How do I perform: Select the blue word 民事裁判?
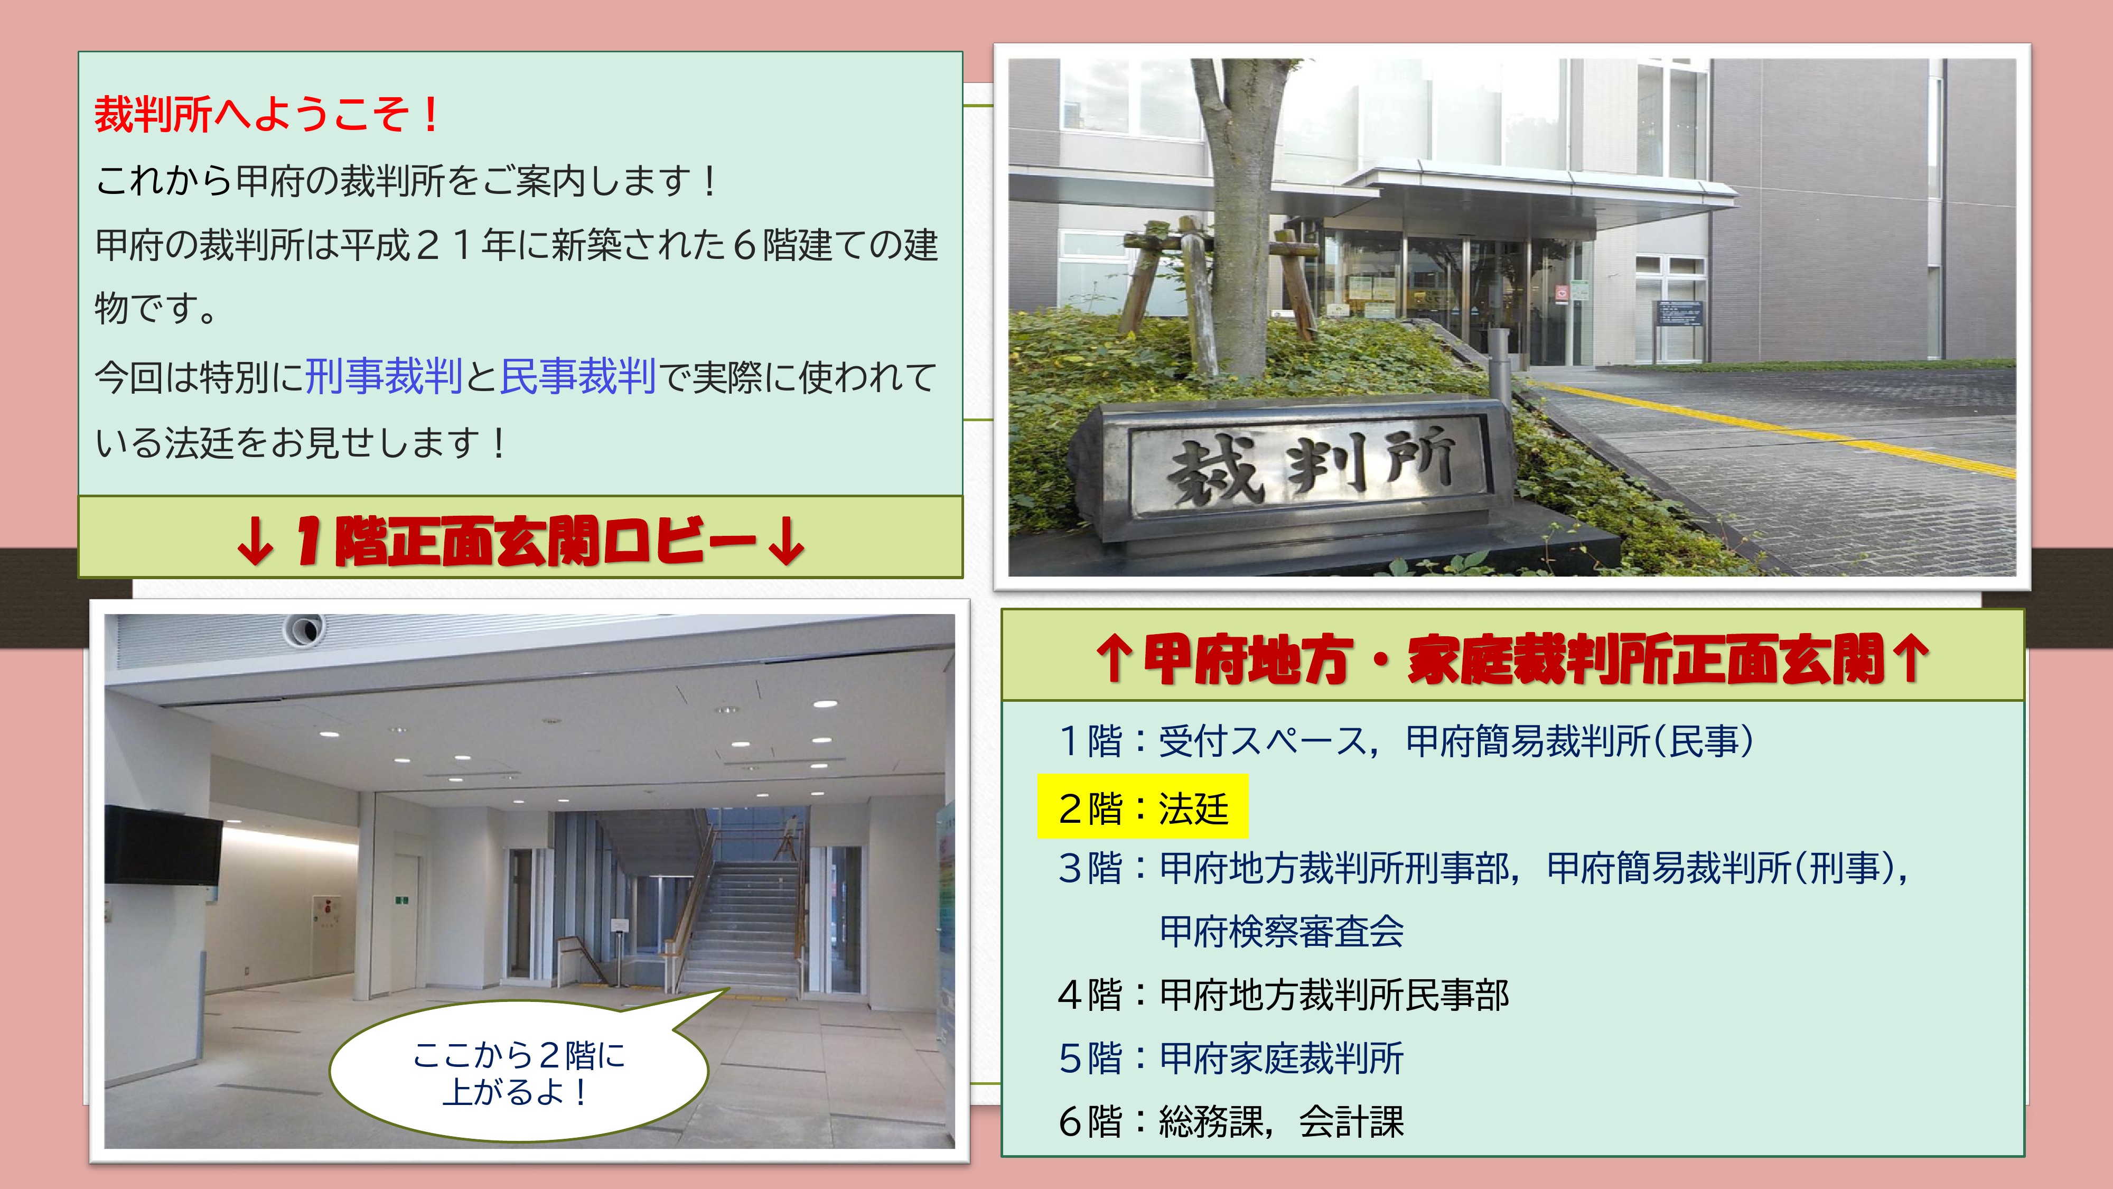577,377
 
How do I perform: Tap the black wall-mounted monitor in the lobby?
163,845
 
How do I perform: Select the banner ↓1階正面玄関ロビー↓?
520,538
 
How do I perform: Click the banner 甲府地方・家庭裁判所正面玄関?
1512,656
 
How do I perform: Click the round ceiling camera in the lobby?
304,629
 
